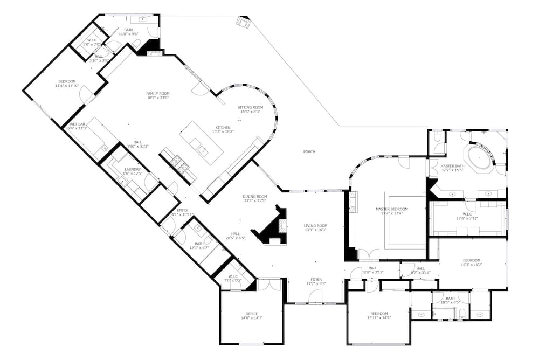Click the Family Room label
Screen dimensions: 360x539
(158, 93)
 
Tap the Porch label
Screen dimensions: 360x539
(309, 152)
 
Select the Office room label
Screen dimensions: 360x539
(252, 314)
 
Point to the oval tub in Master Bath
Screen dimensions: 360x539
(479, 157)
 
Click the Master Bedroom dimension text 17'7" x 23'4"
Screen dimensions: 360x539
(391, 213)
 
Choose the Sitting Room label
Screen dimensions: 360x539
(250, 107)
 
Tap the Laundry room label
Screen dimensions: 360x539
(133, 169)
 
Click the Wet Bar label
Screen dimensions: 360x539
(76, 124)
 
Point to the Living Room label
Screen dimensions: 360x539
(316, 226)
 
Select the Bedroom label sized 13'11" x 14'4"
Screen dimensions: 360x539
(378, 313)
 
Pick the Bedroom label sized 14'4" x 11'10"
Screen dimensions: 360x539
(67, 81)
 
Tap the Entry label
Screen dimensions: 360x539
(183, 210)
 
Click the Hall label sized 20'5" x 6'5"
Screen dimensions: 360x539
(235, 233)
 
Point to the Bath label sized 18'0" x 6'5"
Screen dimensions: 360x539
(451, 298)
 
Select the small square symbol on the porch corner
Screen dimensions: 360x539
(243, 22)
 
